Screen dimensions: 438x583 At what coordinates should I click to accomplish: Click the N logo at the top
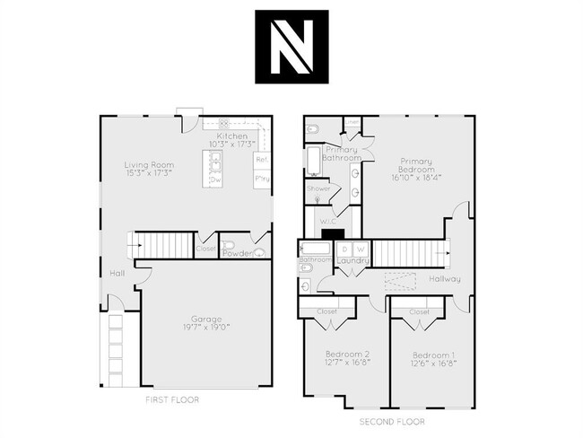[291, 47]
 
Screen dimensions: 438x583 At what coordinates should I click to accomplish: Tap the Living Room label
[149, 165]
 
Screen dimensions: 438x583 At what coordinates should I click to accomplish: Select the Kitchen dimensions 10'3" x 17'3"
[232, 144]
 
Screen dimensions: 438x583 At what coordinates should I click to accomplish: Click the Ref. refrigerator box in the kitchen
[262, 160]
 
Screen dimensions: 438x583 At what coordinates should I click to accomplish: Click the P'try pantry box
[262, 180]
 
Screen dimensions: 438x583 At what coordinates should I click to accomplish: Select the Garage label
[206, 319]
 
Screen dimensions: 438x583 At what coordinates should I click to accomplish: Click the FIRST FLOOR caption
[172, 399]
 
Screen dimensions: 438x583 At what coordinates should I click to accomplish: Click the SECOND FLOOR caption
[392, 421]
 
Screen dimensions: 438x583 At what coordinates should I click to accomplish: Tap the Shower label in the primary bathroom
[318, 189]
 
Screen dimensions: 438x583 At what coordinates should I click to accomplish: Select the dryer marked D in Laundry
[344, 249]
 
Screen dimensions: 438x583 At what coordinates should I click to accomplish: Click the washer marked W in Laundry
[360, 249]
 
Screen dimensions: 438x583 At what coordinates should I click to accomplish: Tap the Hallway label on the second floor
[444, 279]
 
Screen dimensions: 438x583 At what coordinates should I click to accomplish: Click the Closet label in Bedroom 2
[327, 312]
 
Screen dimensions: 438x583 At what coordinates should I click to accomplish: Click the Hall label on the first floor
[117, 273]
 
